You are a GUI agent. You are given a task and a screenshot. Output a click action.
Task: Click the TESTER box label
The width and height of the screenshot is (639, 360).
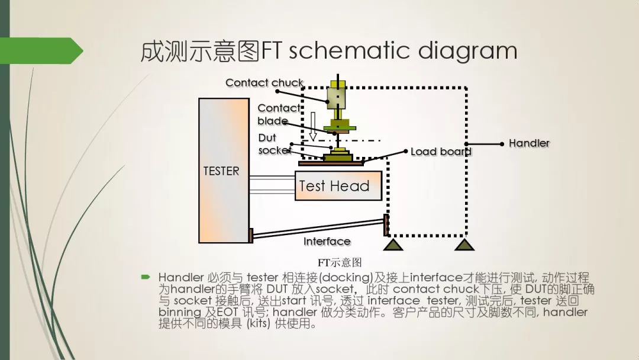[x=221, y=171]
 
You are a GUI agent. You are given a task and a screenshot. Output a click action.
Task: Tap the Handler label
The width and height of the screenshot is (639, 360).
[x=529, y=143]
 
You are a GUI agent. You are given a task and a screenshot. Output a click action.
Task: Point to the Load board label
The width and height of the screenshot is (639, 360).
[x=441, y=152]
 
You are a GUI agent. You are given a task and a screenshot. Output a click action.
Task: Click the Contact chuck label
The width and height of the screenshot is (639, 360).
[x=264, y=83]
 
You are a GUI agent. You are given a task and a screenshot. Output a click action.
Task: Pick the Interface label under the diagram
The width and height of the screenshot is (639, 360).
[x=327, y=241]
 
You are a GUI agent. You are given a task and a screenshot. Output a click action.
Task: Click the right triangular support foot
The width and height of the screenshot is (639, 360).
[x=464, y=244]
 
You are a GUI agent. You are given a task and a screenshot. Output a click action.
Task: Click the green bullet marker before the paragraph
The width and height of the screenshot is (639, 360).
[x=146, y=277]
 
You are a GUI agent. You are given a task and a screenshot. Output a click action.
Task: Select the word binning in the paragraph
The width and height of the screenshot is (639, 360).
[x=180, y=313]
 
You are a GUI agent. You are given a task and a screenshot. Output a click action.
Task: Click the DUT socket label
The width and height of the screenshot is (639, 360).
[x=274, y=144]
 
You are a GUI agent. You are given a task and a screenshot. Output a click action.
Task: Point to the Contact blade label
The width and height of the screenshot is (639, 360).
[x=278, y=114]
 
